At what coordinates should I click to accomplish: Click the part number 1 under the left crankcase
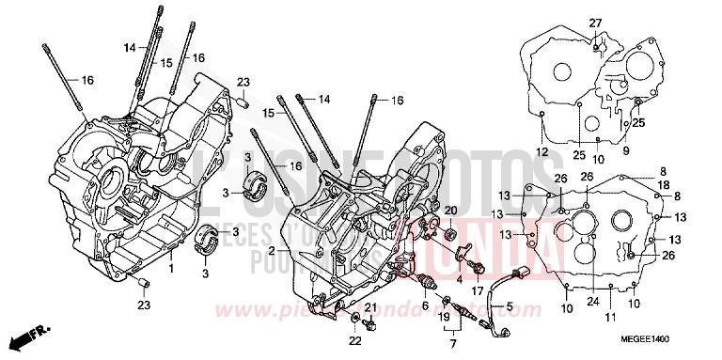[x=170, y=268]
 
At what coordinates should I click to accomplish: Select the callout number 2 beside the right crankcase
[x=271, y=251]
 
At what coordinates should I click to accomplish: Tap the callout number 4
[x=460, y=277]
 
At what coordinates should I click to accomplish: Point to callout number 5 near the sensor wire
[x=509, y=305]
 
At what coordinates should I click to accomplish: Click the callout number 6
[x=425, y=305]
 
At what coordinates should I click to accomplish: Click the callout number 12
[x=541, y=151]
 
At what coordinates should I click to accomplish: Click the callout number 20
[x=449, y=210]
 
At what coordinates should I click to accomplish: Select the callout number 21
[x=369, y=307]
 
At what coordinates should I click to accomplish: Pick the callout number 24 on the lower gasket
[x=592, y=302]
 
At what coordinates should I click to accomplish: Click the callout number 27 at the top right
[x=594, y=23]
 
